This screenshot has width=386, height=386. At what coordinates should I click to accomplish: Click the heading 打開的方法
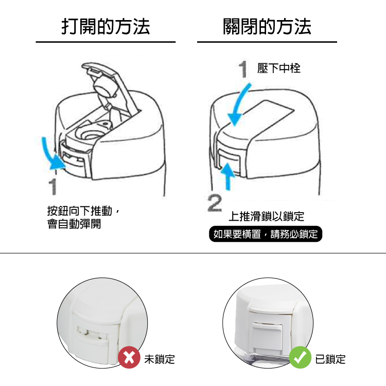point(106,26)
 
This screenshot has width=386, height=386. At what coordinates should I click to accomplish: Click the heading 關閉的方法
point(267,26)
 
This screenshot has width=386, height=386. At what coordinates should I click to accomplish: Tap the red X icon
point(129,357)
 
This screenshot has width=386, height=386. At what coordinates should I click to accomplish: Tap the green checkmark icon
point(300,357)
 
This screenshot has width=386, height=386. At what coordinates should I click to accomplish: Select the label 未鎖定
point(160,359)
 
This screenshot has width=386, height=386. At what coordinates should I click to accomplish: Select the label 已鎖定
point(330,359)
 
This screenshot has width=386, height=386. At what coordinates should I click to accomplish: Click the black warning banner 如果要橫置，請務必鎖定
point(266,234)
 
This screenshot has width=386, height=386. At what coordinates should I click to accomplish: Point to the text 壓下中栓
point(279,68)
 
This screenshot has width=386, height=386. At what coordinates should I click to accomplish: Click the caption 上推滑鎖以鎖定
point(267,216)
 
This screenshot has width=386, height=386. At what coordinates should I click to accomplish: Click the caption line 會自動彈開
point(74,224)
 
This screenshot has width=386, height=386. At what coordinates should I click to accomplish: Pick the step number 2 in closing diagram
point(215,203)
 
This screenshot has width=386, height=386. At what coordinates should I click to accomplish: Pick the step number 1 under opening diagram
point(53,187)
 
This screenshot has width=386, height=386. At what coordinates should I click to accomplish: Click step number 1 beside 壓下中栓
point(243,69)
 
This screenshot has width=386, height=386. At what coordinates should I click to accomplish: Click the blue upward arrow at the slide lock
point(228,176)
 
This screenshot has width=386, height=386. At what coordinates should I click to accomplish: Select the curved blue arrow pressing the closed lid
point(238,104)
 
